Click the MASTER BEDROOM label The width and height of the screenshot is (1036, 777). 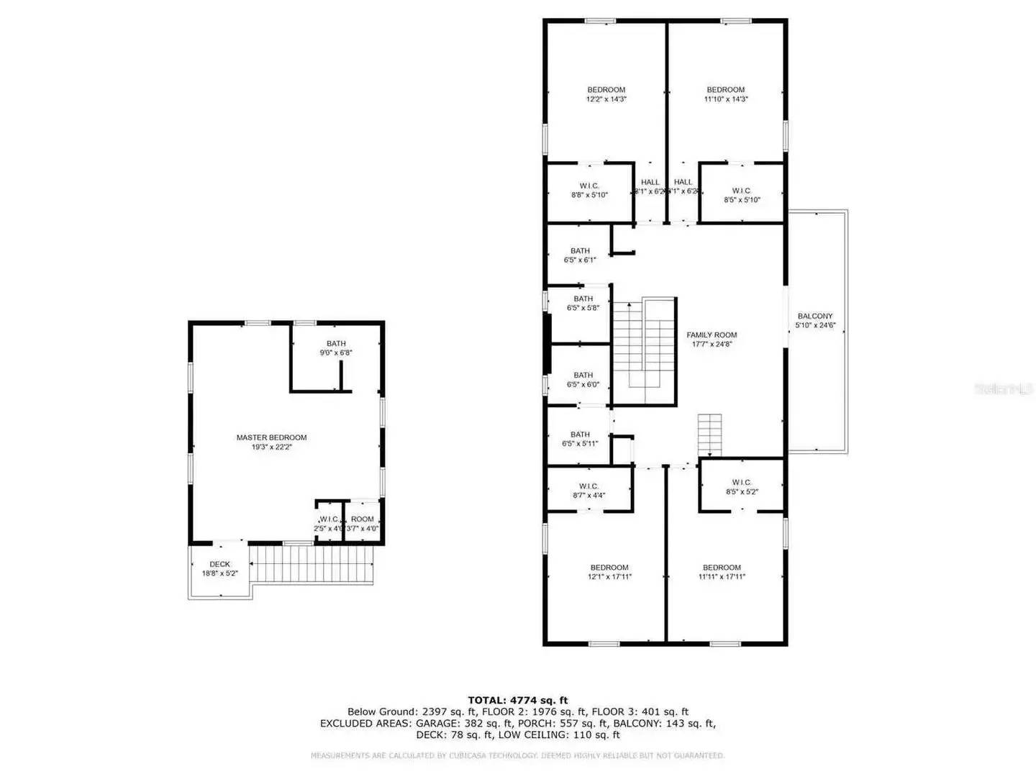[271, 437]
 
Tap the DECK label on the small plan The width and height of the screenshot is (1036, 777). [219, 564]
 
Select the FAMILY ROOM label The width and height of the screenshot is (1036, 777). [711, 335]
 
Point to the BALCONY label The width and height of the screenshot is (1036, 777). [814, 317]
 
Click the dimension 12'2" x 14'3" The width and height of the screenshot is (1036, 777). [606, 99]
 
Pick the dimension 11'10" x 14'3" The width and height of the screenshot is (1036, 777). [725, 99]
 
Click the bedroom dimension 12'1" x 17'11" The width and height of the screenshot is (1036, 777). [609, 577]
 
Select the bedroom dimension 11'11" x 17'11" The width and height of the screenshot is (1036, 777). [722, 577]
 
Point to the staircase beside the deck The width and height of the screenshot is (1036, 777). [312, 564]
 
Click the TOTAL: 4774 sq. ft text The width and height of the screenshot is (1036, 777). [517, 700]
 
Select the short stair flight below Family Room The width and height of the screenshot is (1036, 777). [709, 435]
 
